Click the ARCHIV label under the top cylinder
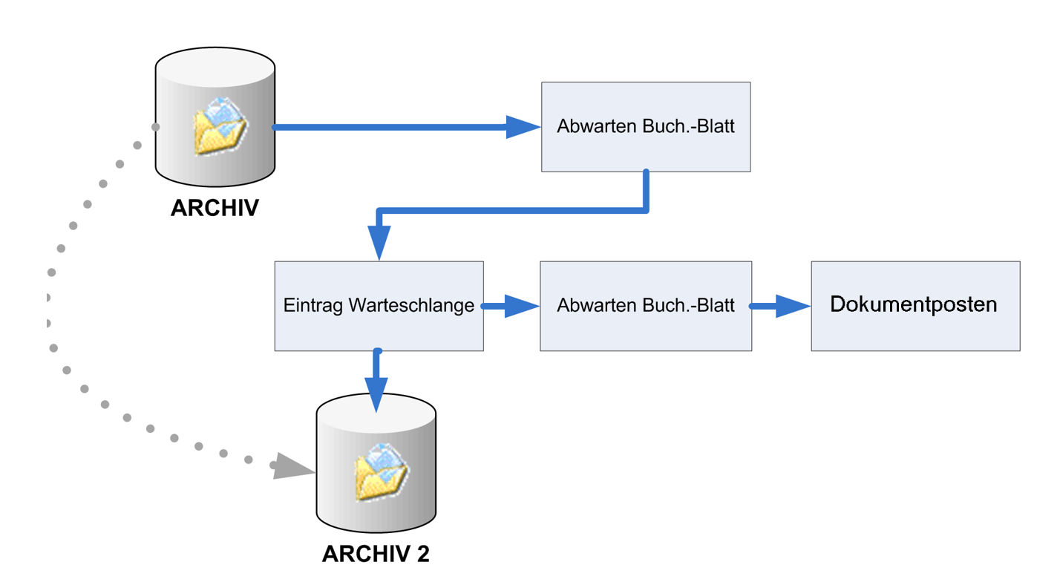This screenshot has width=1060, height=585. coord(215,208)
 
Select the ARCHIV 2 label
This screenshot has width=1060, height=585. coord(376,554)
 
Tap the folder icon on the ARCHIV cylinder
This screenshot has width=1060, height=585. coord(219,126)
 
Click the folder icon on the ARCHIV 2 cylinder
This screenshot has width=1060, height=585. coord(381,472)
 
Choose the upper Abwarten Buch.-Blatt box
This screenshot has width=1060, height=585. coord(646,127)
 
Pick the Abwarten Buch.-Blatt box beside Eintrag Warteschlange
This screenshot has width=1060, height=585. coord(646,305)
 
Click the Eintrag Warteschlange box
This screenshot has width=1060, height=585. coord(379,306)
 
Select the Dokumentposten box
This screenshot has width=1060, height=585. coord(915,305)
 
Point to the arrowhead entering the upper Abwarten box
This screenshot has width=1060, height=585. coord(523,127)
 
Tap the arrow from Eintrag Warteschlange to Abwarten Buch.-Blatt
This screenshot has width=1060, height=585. coord(511,306)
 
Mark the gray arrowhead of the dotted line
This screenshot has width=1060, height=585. coord(292,465)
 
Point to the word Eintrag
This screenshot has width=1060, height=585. coord(314,306)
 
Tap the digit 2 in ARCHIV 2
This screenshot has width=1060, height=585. coord(422,554)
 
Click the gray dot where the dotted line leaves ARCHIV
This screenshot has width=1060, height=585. coord(156,127)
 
